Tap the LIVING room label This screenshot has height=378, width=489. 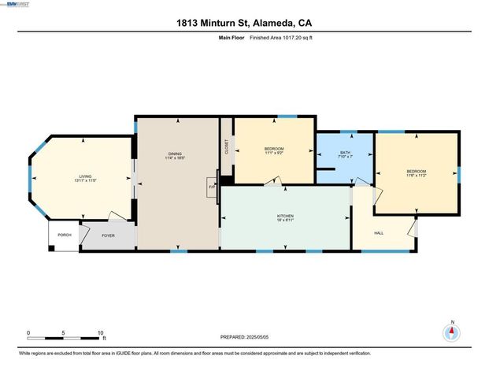[85, 177]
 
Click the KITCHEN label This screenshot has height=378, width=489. [285, 216]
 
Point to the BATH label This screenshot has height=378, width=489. [345, 153]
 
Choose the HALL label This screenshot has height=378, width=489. [379, 233]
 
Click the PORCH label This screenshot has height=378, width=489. [64, 234]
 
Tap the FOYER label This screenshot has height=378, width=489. [108, 234]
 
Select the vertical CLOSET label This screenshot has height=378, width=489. [227, 146]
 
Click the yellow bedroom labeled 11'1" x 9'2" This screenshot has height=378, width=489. [274, 150]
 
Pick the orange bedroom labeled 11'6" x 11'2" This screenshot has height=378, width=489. [416, 173]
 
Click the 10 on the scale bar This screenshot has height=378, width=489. [100, 333]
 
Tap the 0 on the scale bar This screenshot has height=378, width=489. [28, 333]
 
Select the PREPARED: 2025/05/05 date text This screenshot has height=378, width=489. [250, 337]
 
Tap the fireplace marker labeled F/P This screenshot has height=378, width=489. [212, 187]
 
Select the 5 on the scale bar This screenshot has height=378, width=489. [64, 333]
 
